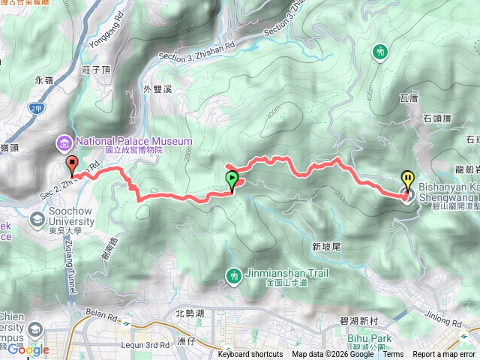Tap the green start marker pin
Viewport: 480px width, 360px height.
click(x=232, y=179)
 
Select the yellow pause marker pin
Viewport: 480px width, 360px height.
click(x=408, y=179)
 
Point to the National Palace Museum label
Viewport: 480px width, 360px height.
click(x=131, y=140)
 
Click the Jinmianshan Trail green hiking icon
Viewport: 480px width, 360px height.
click(x=234, y=276)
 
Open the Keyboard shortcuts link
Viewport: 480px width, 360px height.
click(x=250, y=355)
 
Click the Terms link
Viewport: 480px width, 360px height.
click(x=393, y=355)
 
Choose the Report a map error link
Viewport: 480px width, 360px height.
click(x=445, y=355)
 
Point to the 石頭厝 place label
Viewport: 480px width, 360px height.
click(x=437, y=117)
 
